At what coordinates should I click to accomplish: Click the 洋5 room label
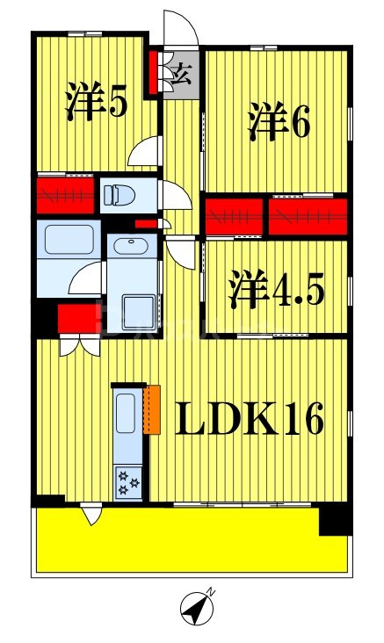coord(97,105)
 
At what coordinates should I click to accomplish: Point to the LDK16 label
coord(250,419)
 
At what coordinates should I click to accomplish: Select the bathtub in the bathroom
coord(69,240)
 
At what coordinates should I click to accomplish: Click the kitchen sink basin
coord(126,414)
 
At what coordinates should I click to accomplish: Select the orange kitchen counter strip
coord(154,409)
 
